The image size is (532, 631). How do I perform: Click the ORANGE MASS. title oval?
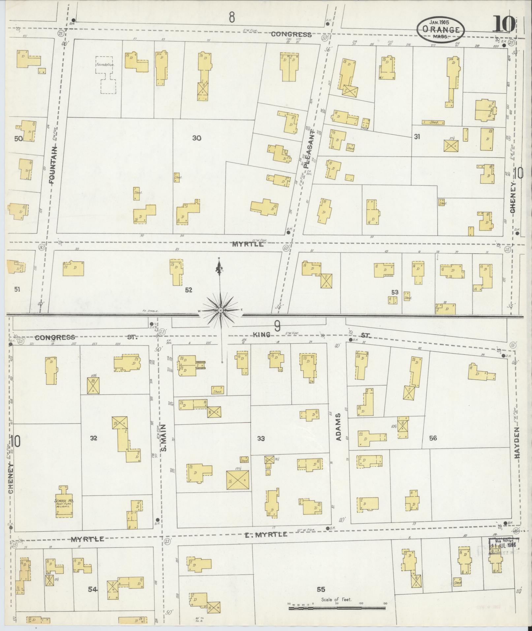tap(440, 29)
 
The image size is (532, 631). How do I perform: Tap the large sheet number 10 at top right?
tap(504, 24)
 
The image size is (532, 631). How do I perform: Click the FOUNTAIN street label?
tap(53, 165)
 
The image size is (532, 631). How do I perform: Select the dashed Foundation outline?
tap(106, 75)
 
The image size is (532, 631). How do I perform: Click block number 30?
tap(197, 138)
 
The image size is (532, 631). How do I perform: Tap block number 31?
tap(417, 137)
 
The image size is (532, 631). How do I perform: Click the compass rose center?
tap(220, 310)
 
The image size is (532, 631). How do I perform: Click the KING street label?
tap(262, 334)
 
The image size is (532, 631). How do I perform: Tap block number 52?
tap(188, 290)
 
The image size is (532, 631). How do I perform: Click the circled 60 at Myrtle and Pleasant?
tap(285, 248)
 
